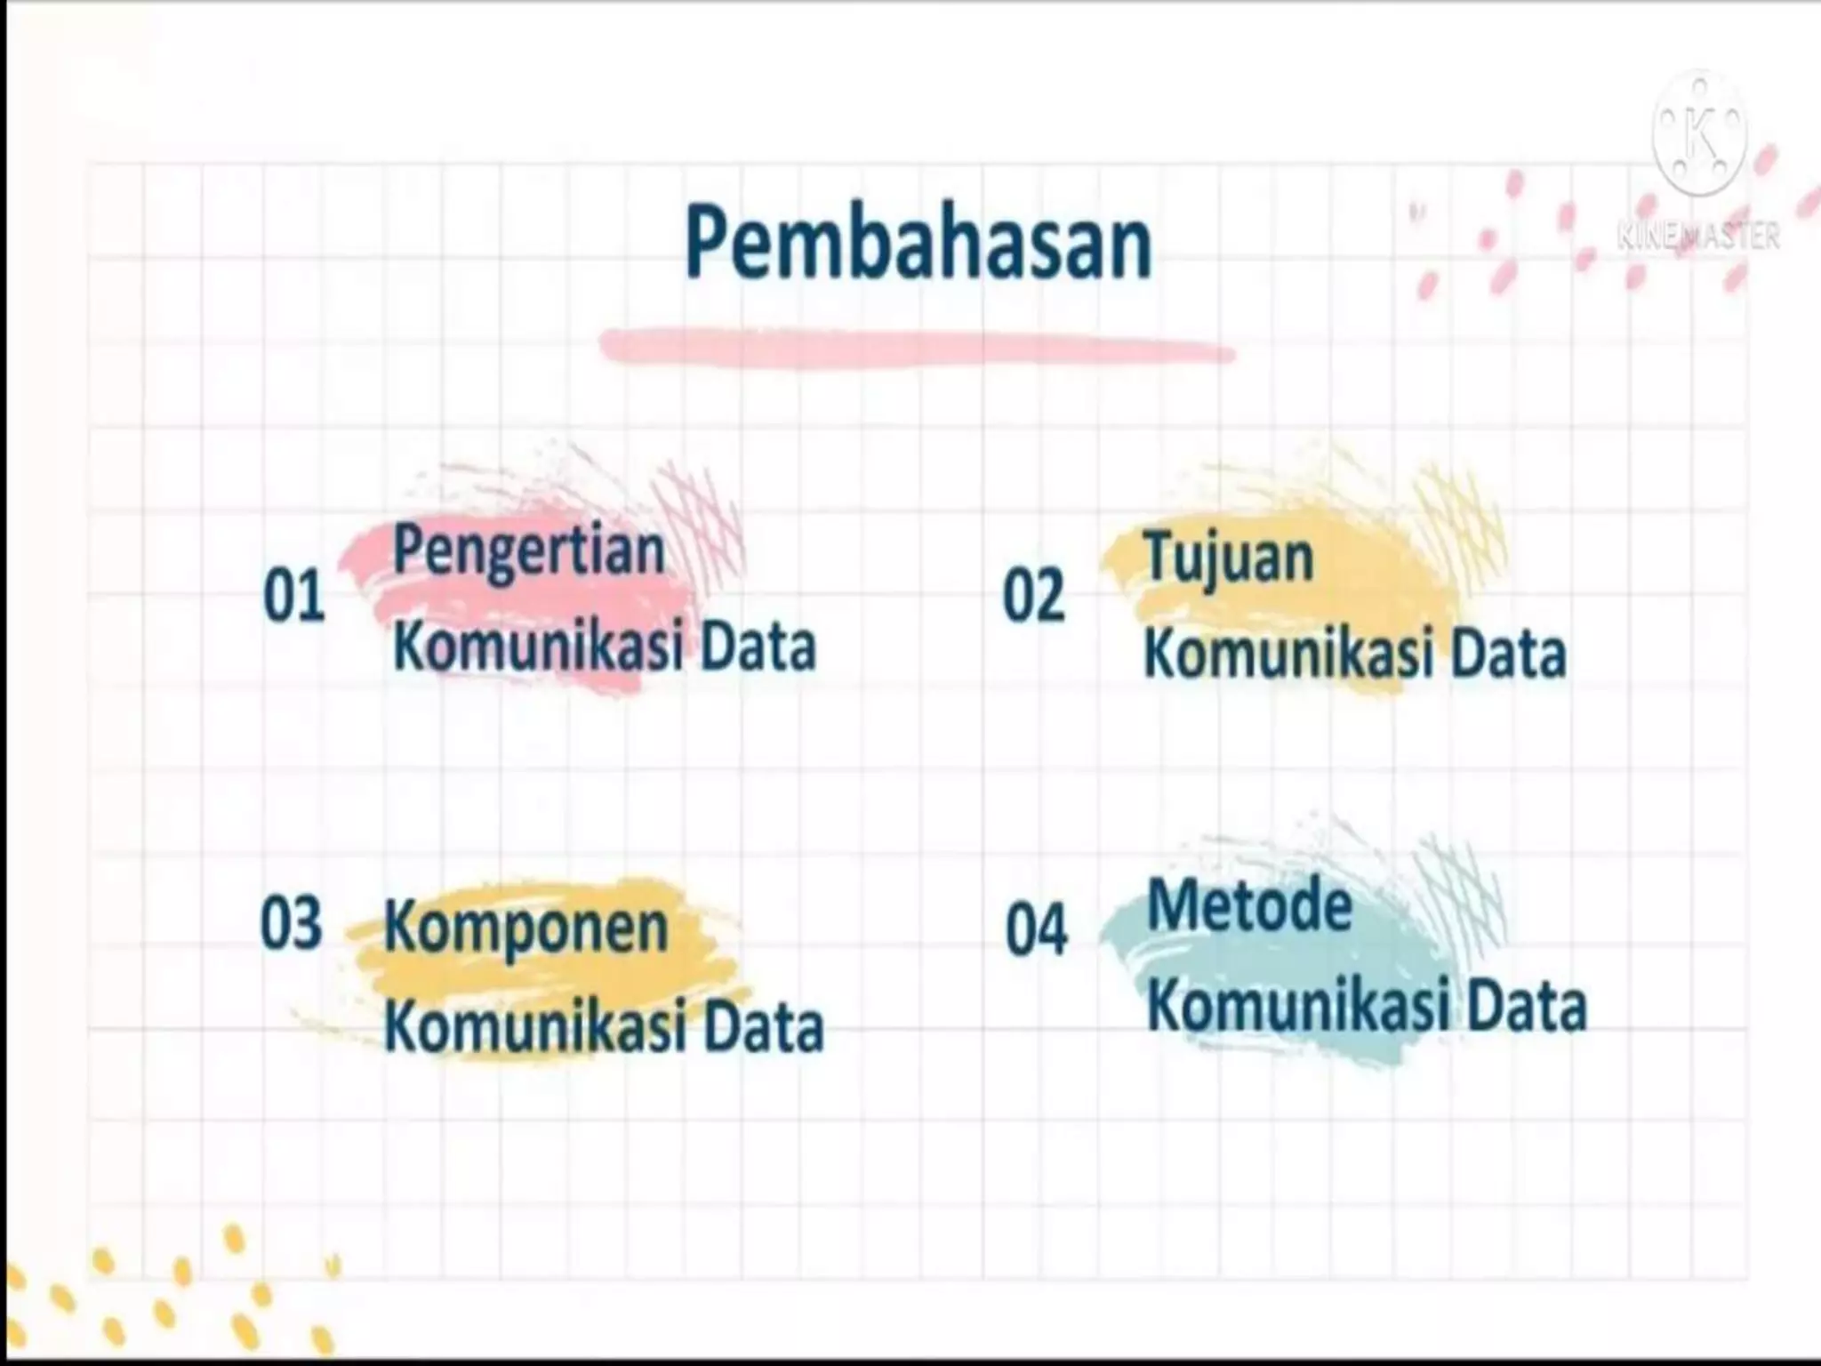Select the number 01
point(293,597)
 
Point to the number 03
point(291,924)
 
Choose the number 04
point(1036,930)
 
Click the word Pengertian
point(529,552)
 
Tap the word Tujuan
point(1229,559)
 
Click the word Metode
point(1249,906)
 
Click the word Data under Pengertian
point(758,647)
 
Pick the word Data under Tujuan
point(1508,655)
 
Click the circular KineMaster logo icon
point(1699,133)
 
